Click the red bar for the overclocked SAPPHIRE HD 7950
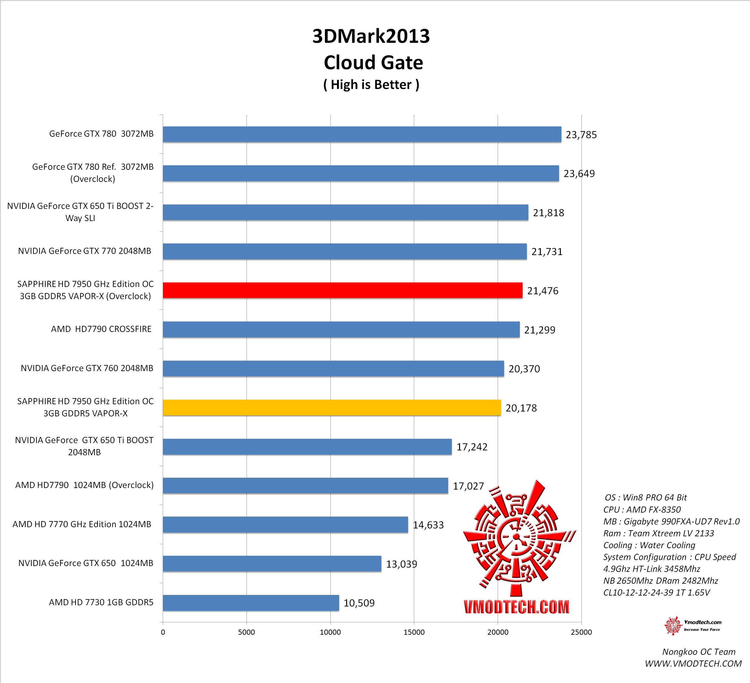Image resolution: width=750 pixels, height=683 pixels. click(342, 290)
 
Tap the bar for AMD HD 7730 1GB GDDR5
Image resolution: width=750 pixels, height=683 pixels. click(251, 603)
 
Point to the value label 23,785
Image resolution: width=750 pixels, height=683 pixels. click(581, 135)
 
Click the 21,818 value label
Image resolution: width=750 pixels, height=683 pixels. click(548, 213)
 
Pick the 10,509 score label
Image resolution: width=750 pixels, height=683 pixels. click(359, 603)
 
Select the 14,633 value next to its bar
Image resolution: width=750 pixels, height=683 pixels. click(428, 525)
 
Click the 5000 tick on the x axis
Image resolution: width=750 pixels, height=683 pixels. click(246, 632)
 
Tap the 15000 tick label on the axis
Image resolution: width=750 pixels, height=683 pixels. click(414, 632)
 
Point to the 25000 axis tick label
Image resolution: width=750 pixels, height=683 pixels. click(581, 632)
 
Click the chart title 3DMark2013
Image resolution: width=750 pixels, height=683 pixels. click(371, 36)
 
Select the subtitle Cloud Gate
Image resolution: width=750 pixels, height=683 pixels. click(373, 63)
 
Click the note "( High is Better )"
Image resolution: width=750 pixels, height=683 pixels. click(371, 85)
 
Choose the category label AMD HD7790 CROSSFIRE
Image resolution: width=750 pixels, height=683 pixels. click(101, 329)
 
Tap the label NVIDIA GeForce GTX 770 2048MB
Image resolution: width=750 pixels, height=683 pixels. click(84, 251)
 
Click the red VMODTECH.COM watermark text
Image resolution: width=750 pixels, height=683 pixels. click(516, 607)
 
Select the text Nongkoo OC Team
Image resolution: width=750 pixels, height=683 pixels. click(699, 652)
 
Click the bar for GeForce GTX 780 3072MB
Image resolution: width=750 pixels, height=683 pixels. click(362, 134)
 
